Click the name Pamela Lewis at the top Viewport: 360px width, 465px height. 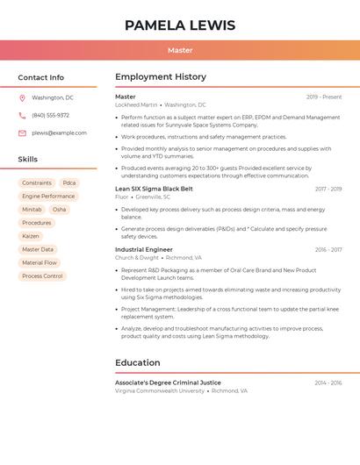coord(180,25)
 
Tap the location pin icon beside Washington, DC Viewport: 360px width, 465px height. coord(22,97)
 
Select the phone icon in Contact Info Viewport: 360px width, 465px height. coord(22,115)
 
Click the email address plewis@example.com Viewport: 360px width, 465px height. coord(59,133)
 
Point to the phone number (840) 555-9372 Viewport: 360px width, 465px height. coord(50,115)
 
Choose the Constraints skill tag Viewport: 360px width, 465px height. coord(37,183)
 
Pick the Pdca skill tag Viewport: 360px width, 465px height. coord(69,183)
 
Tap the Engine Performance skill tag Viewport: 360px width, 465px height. coord(48,197)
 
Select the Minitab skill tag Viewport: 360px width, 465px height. coord(32,210)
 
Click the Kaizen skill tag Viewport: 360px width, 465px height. coord(31,236)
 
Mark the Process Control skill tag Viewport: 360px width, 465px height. coord(42,276)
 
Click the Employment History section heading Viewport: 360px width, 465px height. coord(161,77)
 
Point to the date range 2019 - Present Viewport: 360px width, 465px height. coord(324,97)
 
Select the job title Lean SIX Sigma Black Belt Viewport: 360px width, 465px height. coord(154,189)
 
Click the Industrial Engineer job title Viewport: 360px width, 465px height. coord(144,250)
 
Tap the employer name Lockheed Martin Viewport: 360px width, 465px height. coord(136,104)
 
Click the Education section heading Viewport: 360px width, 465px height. coord(138,363)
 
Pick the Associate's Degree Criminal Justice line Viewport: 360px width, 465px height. coord(168,383)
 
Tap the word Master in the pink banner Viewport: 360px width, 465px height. coord(180,51)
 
